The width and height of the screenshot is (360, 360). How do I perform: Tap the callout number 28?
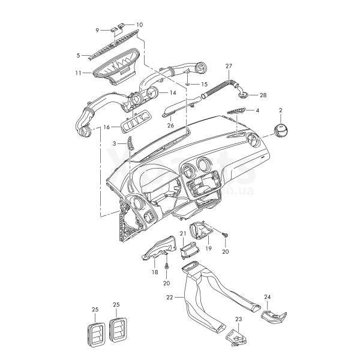coord(262,95)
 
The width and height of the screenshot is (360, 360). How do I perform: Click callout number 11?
coord(257,111)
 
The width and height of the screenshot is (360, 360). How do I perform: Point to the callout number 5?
coord(78,55)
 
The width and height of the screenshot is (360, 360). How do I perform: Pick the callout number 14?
coord(172,93)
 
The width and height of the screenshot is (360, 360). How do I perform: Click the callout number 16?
coord(106,127)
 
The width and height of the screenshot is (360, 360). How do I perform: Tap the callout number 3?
coord(114,144)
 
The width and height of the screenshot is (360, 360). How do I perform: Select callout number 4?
coord(98,29)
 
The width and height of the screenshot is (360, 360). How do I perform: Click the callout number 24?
coord(268,296)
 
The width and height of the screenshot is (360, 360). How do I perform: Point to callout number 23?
coord(238,319)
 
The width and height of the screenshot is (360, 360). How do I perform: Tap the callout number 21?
coord(183,233)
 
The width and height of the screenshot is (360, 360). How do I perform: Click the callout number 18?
coord(154,272)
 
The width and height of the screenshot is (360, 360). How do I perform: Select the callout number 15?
coord(203,85)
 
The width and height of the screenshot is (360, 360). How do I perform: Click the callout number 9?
coord(98,29)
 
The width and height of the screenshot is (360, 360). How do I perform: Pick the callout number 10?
coord(140,25)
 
